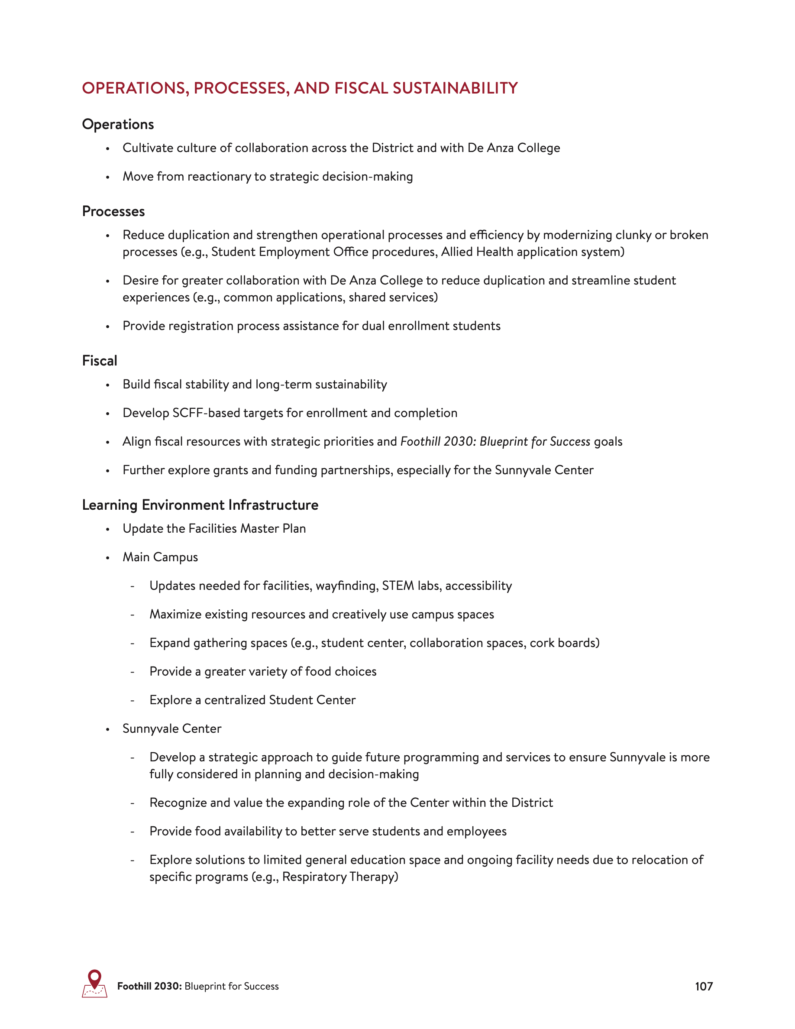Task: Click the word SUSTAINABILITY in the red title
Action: pyautogui.click(x=455, y=88)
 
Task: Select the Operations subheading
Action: pyautogui.click(x=118, y=124)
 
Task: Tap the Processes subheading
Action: pyautogui.click(x=113, y=211)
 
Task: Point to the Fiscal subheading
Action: pyautogui.click(x=100, y=361)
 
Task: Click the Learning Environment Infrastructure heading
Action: pyautogui.click(x=200, y=505)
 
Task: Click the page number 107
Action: pyautogui.click(x=704, y=987)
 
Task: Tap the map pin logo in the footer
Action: pyautogui.click(x=95, y=984)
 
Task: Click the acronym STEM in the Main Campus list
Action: pyautogui.click(x=397, y=586)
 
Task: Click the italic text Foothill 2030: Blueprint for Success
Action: pyautogui.click(x=495, y=441)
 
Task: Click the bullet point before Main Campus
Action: pyautogui.click(x=108, y=558)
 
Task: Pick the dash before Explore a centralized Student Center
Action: pyautogui.click(x=132, y=701)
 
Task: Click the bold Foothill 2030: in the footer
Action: pyautogui.click(x=149, y=987)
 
